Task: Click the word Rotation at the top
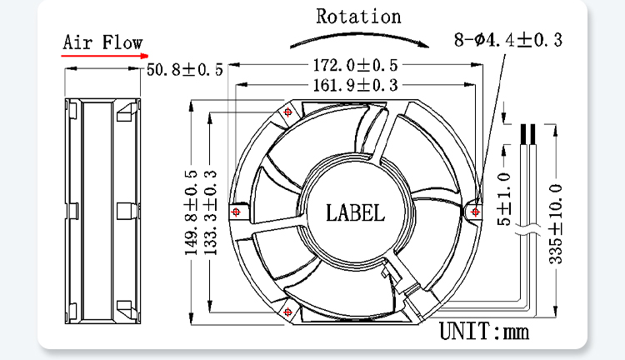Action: (x=358, y=17)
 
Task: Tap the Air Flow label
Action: (x=102, y=42)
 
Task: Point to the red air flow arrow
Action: (x=105, y=56)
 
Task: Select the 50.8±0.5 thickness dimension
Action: (x=184, y=70)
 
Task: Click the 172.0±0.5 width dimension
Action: (x=356, y=65)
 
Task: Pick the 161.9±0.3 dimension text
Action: (x=356, y=85)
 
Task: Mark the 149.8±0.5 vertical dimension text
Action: (x=191, y=212)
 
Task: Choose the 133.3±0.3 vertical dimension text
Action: (x=211, y=212)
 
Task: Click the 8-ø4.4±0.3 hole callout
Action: (x=508, y=40)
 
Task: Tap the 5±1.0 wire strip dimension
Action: (x=504, y=199)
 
